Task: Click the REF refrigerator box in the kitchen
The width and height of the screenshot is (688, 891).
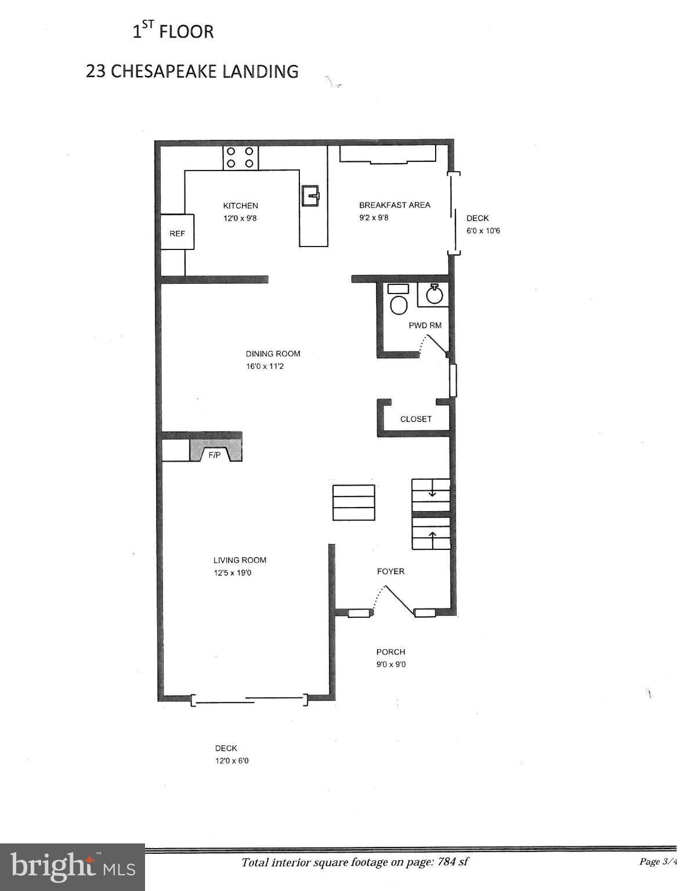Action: (x=177, y=233)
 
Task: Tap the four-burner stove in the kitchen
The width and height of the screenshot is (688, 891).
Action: (x=240, y=157)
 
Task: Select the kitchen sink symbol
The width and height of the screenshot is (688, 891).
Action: (x=310, y=195)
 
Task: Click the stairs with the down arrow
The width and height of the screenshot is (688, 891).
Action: (x=431, y=495)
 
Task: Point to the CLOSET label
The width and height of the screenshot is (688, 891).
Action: (x=416, y=419)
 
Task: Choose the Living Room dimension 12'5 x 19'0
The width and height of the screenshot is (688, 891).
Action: (x=232, y=573)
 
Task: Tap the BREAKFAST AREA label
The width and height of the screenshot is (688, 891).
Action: (x=394, y=205)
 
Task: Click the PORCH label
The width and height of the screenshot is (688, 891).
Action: (x=390, y=652)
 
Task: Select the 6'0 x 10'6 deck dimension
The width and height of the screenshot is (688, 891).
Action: (x=483, y=231)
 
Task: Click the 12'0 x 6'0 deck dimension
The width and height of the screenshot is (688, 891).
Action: (x=231, y=761)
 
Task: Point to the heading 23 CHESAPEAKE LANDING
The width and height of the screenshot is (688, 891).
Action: (x=192, y=71)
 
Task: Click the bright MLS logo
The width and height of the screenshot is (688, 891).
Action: (x=73, y=867)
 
